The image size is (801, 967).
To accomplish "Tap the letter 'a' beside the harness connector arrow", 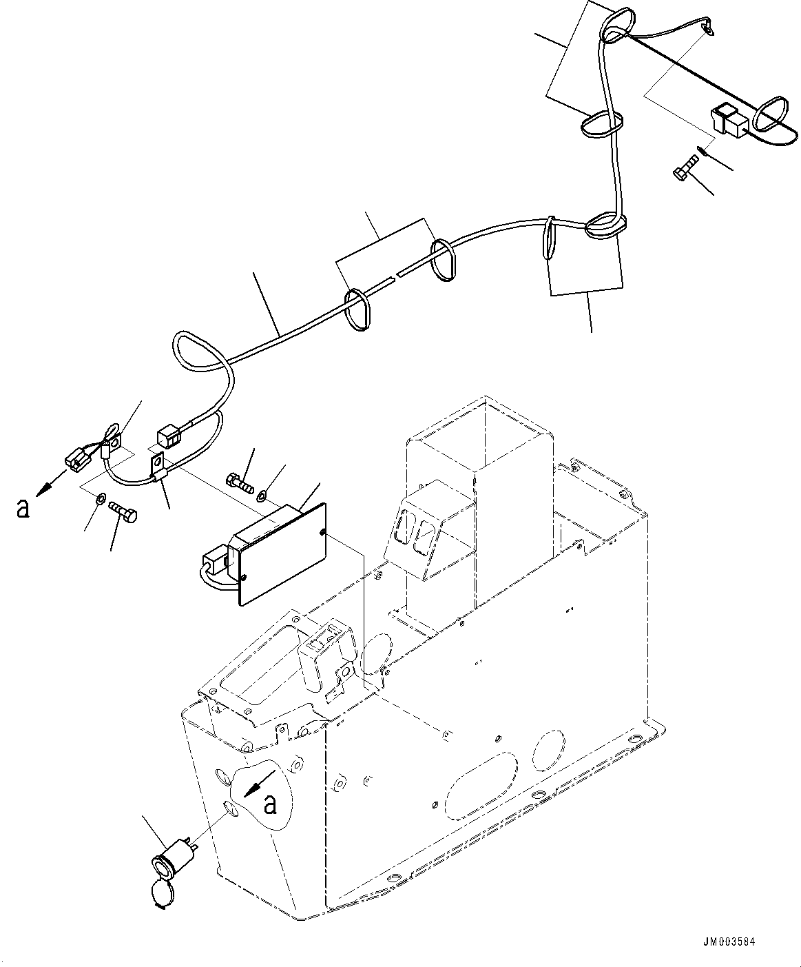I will tap(23, 508).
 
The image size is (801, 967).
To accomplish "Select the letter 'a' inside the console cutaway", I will tap(271, 804).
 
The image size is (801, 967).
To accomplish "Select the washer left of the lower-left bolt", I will tap(101, 498).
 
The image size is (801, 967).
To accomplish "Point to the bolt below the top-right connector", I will tap(685, 167).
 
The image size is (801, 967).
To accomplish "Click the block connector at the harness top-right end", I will tap(728, 120).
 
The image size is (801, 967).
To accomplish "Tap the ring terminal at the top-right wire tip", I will tap(707, 28).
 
